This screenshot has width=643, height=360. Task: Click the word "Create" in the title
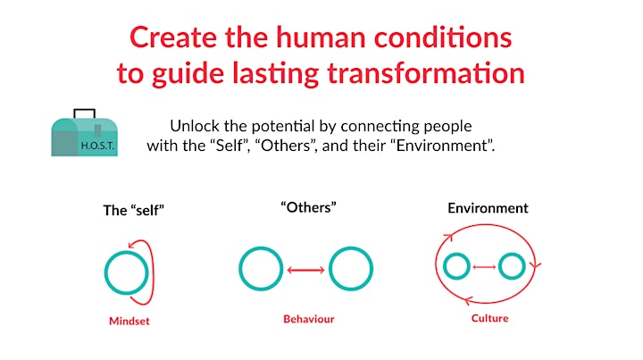pos(173,38)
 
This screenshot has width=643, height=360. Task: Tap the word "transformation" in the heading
pos(426,73)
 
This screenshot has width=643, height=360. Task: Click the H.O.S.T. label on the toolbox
pos(97,146)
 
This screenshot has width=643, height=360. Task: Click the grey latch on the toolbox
pos(97,130)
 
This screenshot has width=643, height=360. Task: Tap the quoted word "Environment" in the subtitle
pos(444,146)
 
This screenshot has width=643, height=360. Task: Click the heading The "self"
pos(134,210)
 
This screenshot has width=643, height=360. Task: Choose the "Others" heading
pos(308,207)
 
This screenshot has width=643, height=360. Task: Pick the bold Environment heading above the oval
pos(488,208)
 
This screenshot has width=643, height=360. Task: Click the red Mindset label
pos(129,321)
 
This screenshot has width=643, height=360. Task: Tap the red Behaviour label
pos(309,319)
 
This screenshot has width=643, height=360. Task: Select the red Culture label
pos(489,318)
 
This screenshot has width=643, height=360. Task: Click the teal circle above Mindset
pos(105,273)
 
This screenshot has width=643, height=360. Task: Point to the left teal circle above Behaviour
pos(241,269)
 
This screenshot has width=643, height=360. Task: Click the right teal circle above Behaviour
pos(330,269)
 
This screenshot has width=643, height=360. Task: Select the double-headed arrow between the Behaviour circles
pos(306,270)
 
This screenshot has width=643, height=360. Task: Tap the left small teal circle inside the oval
pos(445,266)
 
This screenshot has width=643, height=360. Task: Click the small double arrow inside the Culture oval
pos(484,267)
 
